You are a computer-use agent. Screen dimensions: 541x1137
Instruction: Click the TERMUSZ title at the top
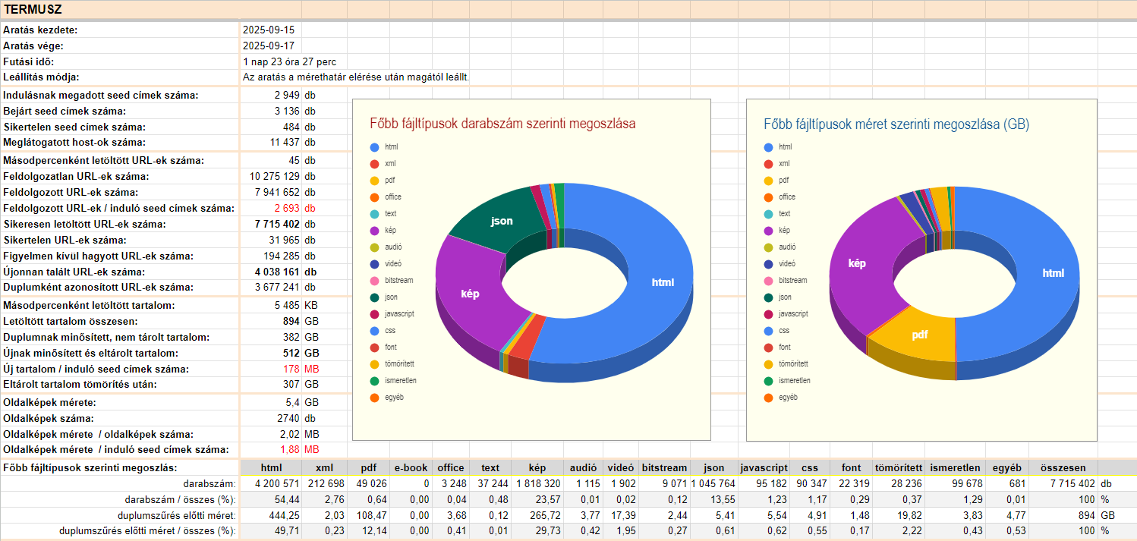pos(33,10)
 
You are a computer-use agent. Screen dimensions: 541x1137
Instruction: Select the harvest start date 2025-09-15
pos(269,30)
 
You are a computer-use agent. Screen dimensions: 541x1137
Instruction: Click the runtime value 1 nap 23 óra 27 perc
pos(289,61)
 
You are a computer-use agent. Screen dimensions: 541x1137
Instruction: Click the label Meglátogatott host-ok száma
pos(75,142)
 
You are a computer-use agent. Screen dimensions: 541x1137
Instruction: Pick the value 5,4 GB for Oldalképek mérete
pos(286,402)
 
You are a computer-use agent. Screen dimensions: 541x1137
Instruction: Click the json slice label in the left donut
pos(502,221)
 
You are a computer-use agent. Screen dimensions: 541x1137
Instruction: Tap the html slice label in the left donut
pos(663,282)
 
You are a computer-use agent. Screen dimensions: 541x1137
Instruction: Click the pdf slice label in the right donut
pos(920,334)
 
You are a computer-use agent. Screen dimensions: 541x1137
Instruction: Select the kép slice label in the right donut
pos(857,263)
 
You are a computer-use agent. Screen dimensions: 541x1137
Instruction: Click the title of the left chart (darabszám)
pos(502,123)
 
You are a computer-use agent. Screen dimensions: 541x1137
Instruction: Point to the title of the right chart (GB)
pos(896,123)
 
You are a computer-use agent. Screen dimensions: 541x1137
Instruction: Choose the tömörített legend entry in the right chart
pos(794,364)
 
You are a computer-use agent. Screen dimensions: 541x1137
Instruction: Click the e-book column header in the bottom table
pos(411,467)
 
